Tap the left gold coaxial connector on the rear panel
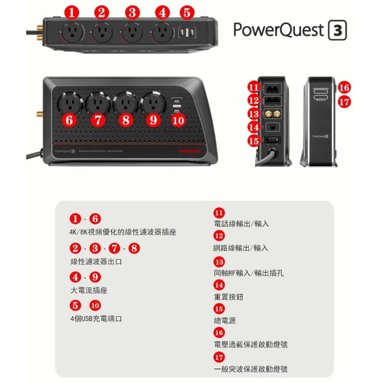[268, 114]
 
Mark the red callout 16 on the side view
[344, 88]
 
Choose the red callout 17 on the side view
[344, 102]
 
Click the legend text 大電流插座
[89, 290]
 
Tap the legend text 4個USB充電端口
[96, 319]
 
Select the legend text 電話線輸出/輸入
[241, 224]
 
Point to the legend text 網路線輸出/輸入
[241, 248]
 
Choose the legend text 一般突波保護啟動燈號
[250, 369]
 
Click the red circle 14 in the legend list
[219, 285]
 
